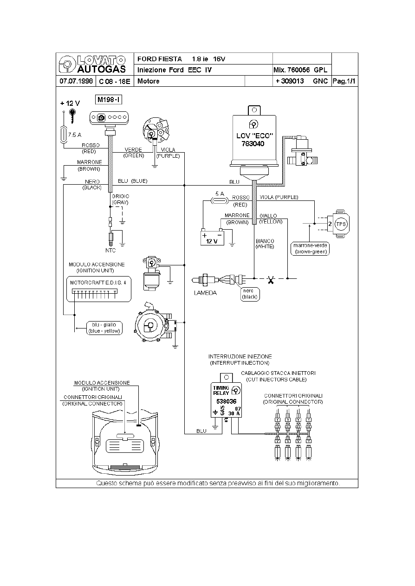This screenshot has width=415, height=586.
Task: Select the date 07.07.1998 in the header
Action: (x=76, y=81)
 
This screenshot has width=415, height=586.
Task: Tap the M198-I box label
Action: (x=109, y=100)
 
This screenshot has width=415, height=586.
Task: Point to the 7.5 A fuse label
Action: (x=75, y=135)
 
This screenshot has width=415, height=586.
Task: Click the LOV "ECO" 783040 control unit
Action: (x=254, y=140)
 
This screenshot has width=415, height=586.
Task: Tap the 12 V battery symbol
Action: (x=212, y=237)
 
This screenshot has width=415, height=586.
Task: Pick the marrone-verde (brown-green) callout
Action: (x=310, y=248)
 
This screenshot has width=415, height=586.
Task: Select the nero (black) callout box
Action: (x=251, y=294)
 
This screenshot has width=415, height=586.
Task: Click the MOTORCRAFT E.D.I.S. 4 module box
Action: (x=97, y=289)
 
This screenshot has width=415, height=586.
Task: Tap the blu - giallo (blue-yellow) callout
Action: (x=104, y=328)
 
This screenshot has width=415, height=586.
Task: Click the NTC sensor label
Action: (x=110, y=250)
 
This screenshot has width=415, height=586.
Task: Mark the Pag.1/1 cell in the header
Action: (x=344, y=81)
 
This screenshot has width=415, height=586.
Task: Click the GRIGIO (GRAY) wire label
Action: (x=120, y=200)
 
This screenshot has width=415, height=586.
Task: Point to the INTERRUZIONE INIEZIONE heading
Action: (x=240, y=356)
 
